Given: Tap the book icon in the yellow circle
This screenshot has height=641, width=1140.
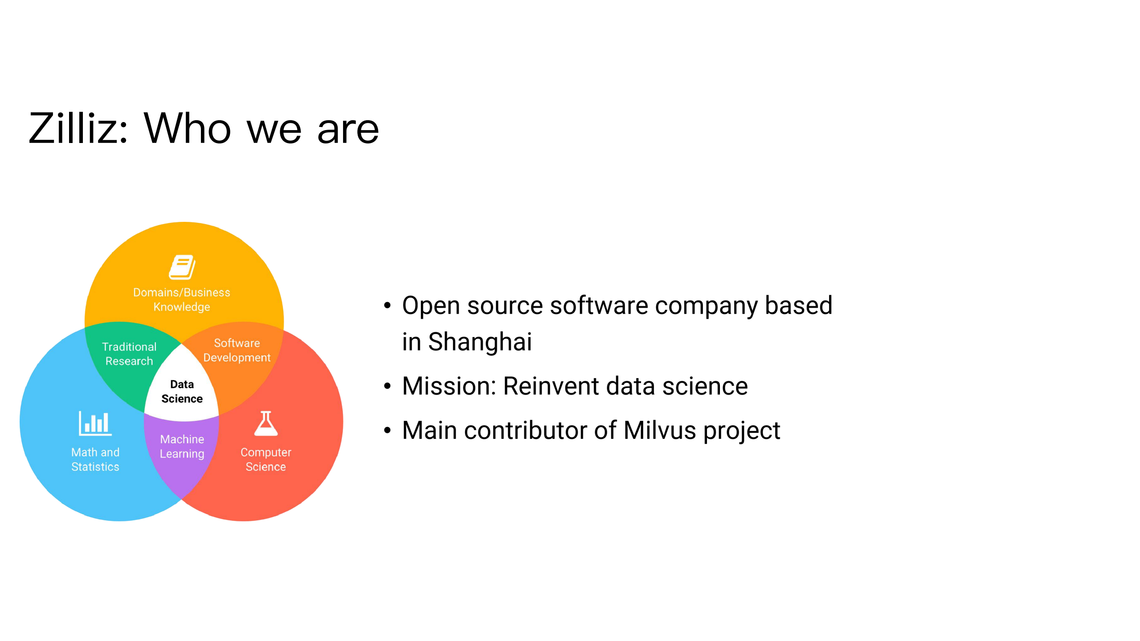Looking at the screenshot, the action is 182,267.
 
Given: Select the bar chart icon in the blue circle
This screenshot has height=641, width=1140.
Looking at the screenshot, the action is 95,423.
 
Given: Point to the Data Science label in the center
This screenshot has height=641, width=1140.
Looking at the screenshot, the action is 182,392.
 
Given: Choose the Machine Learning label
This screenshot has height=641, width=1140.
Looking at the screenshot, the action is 182,446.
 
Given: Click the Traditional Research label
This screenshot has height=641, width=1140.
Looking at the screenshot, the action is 129,354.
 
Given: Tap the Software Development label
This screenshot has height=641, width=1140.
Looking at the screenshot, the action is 237,350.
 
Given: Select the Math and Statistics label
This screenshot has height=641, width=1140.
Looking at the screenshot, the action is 95,459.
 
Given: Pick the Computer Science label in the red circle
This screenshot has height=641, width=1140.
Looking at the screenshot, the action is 266,459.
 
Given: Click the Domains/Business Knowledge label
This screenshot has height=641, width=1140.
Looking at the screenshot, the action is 182,299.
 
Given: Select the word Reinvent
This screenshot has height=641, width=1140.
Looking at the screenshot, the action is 551,386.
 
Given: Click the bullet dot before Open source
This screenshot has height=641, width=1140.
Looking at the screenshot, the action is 387,306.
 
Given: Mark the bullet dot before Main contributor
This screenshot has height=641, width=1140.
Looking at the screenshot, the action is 387,430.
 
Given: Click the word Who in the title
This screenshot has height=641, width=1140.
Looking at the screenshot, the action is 188,128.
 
